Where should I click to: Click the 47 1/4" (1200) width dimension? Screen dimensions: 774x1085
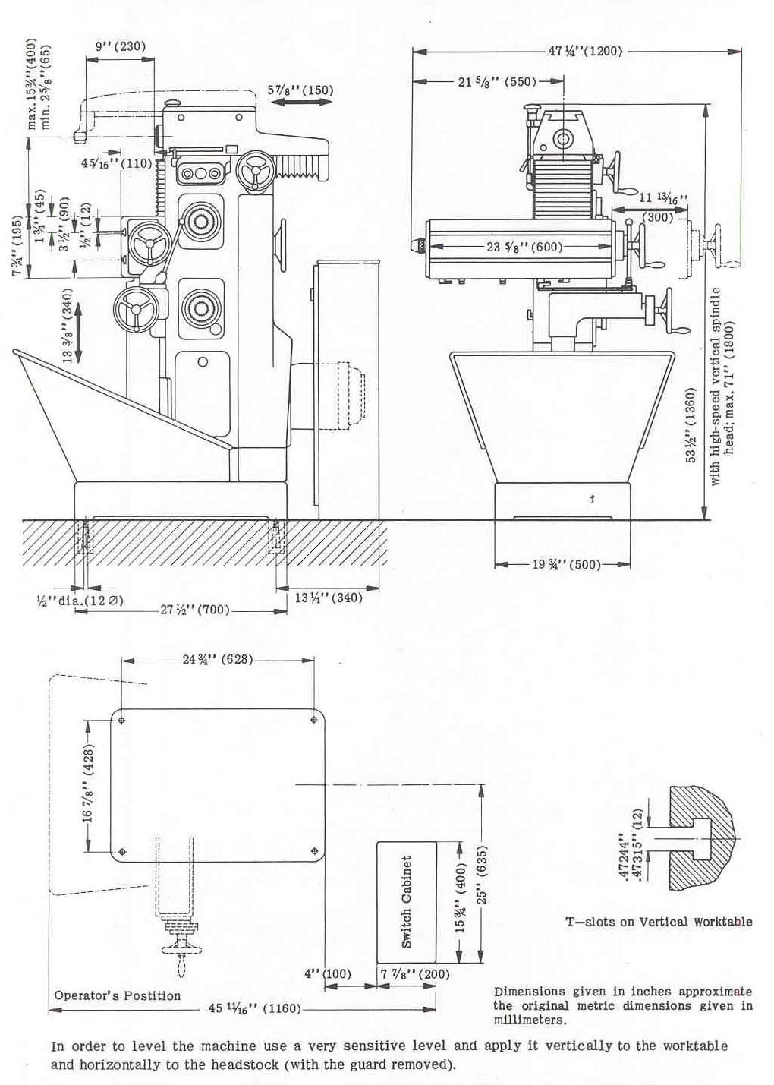pos(584,51)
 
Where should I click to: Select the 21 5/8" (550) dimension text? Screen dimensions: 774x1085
pos(497,82)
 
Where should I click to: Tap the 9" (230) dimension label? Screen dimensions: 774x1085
pos(120,46)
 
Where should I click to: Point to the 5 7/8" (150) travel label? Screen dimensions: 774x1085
pos(300,90)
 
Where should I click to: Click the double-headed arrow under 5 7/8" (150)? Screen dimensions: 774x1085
pos(301,102)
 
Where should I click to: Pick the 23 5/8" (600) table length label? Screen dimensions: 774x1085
pos(524,247)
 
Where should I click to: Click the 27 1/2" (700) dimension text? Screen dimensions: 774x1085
pos(195,610)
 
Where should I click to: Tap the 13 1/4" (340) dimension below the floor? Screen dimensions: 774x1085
pos(329,598)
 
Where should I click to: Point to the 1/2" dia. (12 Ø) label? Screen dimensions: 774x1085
pos(80,601)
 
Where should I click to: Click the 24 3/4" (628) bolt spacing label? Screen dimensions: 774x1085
pos(218,660)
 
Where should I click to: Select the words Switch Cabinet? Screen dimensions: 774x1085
pos(407,901)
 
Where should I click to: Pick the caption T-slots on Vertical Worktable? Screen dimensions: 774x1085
pos(659,922)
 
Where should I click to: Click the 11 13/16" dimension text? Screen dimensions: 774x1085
pos(662,197)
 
